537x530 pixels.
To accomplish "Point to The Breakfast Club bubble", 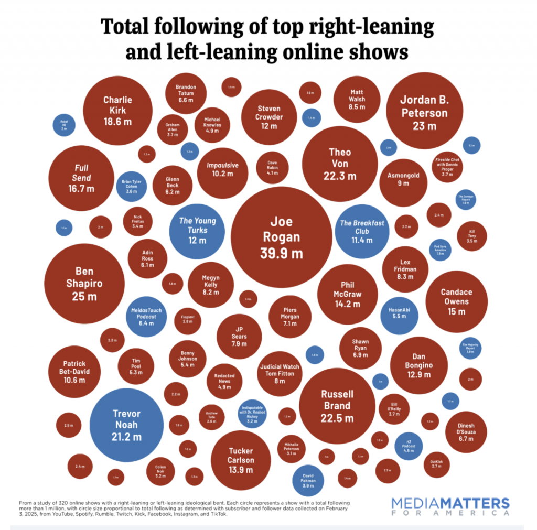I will click(x=362, y=231).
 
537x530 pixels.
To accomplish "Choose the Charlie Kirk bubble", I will click(x=117, y=109).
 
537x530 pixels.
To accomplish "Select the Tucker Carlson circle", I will click(x=241, y=460).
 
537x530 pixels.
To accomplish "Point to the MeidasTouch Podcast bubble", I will click(x=146, y=317).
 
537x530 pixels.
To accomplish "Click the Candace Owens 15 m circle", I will click(x=456, y=301).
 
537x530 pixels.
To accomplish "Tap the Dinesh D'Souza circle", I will click(x=466, y=431).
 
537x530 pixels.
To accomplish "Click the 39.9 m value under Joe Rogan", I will click(x=281, y=253).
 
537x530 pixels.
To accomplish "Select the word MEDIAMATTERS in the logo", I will click(x=450, y=503).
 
